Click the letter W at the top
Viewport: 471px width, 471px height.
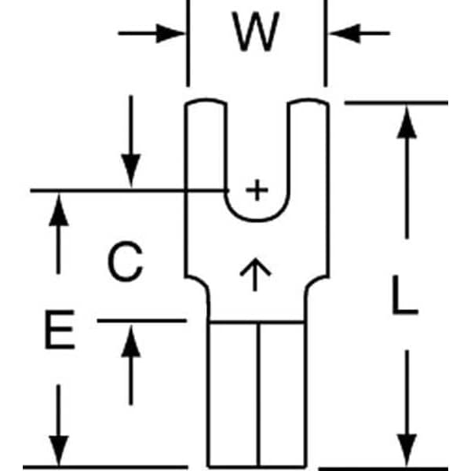257,33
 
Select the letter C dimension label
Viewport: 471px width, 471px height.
126,263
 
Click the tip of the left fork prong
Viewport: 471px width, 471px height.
206,104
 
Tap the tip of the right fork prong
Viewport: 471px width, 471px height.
307,104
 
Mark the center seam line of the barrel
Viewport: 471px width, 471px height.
257,392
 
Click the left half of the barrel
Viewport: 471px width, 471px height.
233,392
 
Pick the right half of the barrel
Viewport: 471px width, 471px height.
280,392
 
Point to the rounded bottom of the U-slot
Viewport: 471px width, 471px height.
256,220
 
